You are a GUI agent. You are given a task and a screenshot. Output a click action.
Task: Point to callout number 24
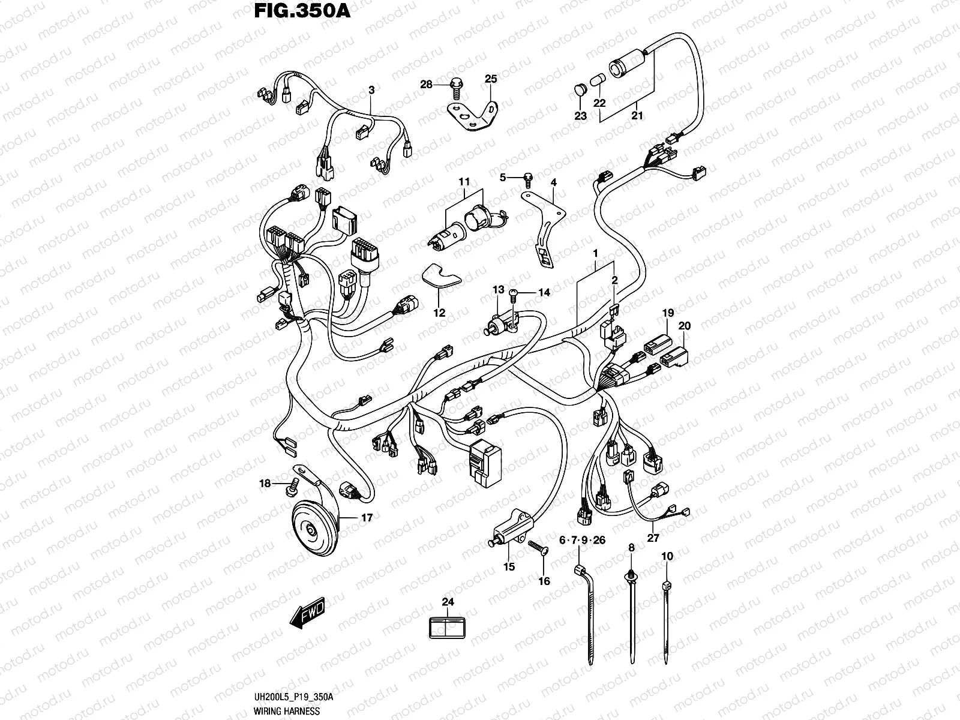point(448,602)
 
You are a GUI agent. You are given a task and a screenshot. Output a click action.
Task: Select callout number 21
point(637,115)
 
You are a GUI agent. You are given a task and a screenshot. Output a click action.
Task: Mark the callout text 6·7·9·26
point(582,541)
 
